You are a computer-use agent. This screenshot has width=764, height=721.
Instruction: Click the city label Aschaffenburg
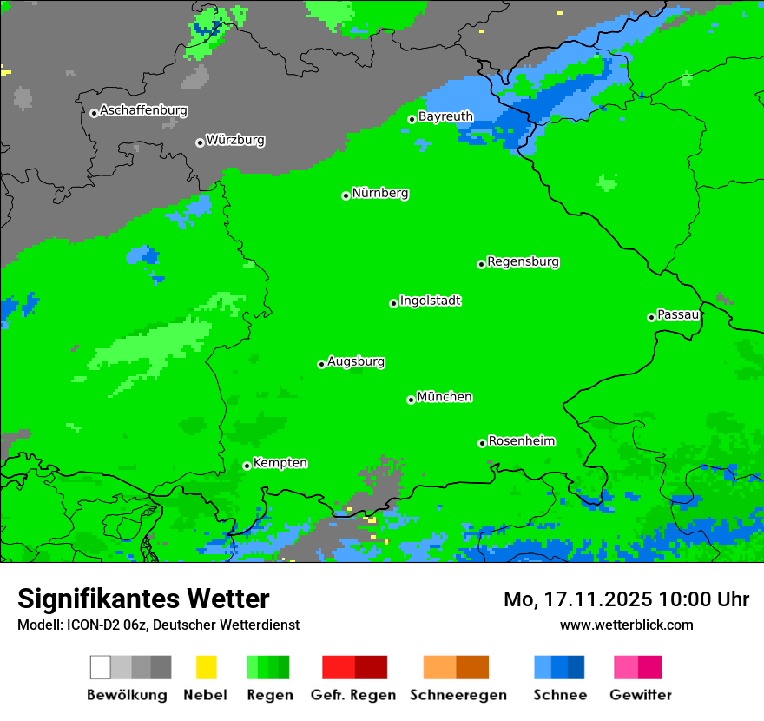coord(143,111)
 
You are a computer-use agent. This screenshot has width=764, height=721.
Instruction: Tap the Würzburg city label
coord(235,140)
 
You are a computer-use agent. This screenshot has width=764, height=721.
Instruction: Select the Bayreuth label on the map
coord(445,116)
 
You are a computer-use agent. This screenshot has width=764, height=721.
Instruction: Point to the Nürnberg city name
coord(380,194)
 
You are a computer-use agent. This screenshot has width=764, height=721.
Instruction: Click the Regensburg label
coord(523,261)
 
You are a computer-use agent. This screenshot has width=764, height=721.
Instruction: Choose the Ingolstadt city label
coord(431,301)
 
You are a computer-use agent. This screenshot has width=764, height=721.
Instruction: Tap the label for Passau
coord(678,314)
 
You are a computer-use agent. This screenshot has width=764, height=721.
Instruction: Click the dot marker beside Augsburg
coord(321,364)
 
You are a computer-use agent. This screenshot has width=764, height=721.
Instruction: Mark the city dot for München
coord(411,400)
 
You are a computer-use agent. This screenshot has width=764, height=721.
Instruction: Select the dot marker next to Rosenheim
coord(482,443)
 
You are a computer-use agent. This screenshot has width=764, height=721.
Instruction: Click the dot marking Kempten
coord(247,466)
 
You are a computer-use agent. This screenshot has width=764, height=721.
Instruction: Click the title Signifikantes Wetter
coord(143,599)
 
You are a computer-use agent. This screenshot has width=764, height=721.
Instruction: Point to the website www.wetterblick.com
coord(626,625)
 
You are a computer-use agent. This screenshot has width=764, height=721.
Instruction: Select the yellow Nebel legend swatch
coord(206,667)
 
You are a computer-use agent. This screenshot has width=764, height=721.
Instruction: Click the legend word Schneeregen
coord(458,695)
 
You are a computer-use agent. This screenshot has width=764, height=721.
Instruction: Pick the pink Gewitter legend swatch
coord(626,667)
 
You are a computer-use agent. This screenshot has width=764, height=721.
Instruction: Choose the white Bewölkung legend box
coord(100,667)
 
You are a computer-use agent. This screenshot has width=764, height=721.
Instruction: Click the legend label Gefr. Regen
coord(352,695)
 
